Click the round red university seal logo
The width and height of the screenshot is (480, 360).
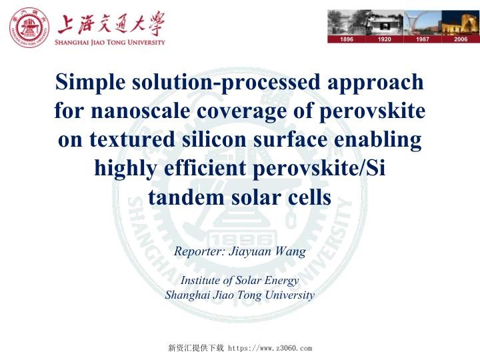coord(29,29)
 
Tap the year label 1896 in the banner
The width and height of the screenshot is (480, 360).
coord(347,39)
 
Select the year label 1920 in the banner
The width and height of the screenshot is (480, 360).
coord(385,39)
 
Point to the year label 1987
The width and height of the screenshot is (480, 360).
coord(423,39)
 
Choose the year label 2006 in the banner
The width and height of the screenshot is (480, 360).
coord(461,39)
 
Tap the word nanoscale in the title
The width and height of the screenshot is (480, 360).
coord(138,111)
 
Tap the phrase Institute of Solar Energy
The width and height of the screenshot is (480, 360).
coord(239,281)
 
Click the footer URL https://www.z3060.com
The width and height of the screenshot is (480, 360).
coord(270,348)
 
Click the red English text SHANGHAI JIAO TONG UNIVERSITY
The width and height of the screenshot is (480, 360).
coord(111,42)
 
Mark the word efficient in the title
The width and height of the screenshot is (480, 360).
coord(203,169)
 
